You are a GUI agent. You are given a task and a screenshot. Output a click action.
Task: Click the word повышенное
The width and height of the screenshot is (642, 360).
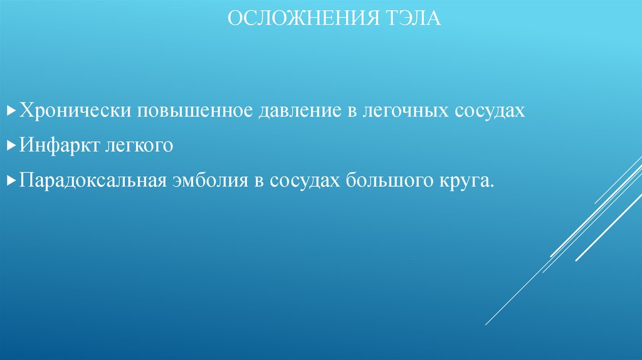[192, 111]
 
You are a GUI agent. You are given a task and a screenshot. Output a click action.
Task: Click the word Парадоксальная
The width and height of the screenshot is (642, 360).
[92, 181]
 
